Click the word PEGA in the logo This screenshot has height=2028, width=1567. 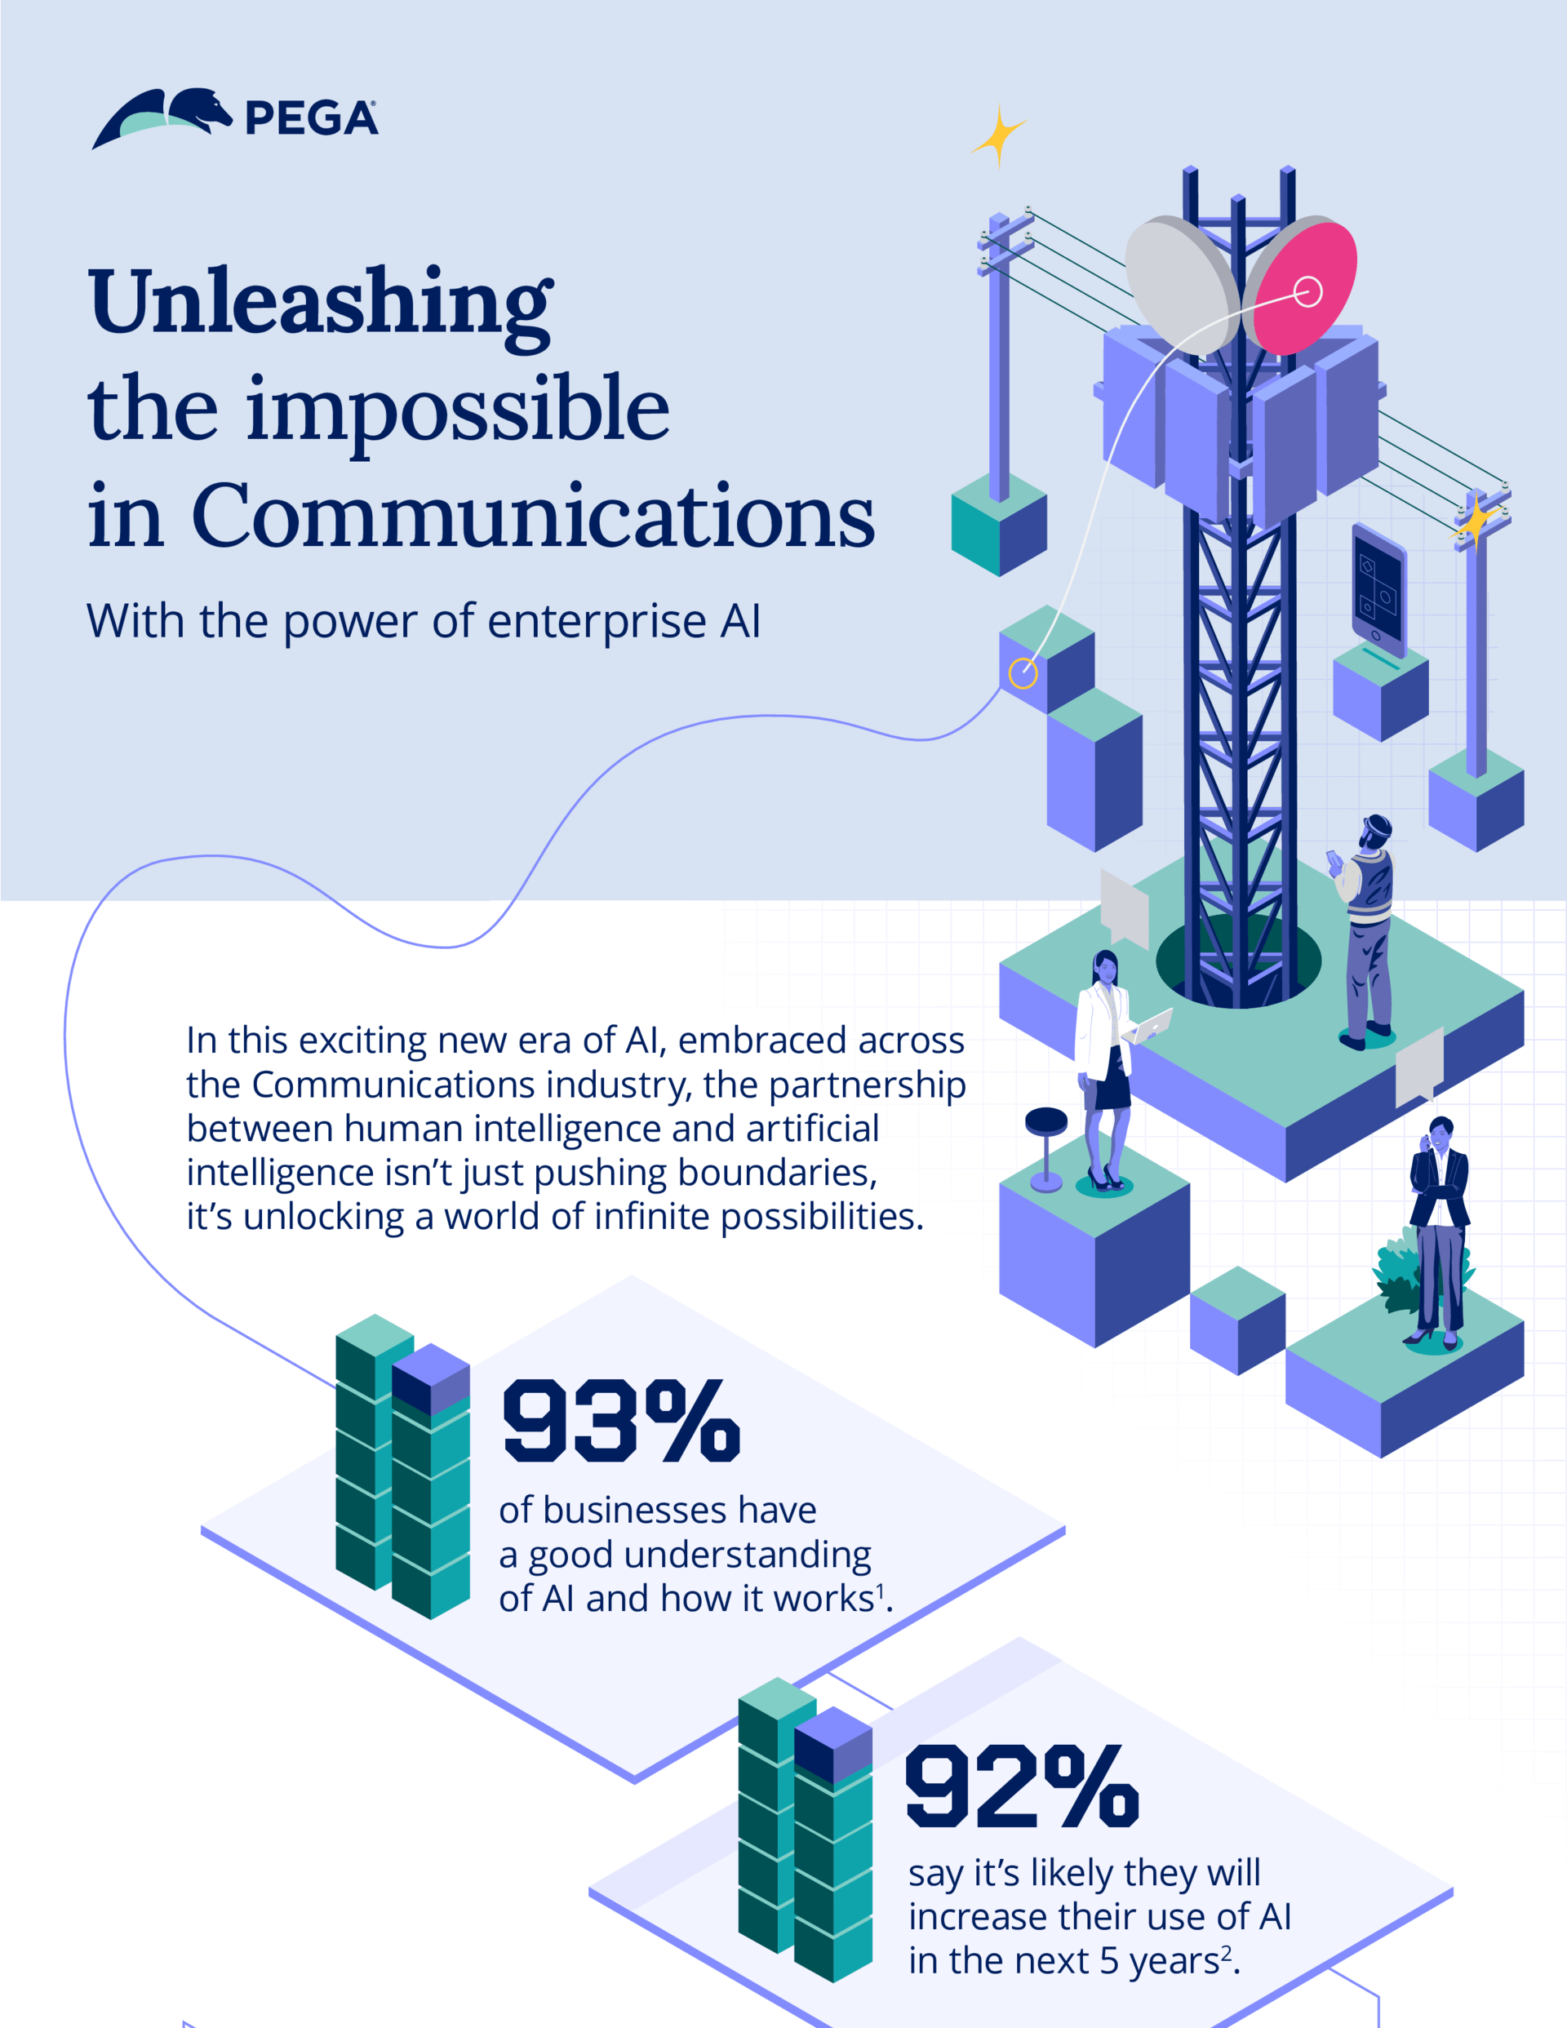click(311, 119)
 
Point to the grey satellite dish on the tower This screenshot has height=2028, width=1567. click(1182, 283)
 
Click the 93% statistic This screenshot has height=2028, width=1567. click(619, 1421)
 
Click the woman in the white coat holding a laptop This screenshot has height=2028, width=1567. click(1105, 1067)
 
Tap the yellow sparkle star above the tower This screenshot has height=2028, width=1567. click(998, 135)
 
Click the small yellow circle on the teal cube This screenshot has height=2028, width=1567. click(1023, 673)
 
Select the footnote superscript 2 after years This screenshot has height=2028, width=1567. click(1226, 1952)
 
